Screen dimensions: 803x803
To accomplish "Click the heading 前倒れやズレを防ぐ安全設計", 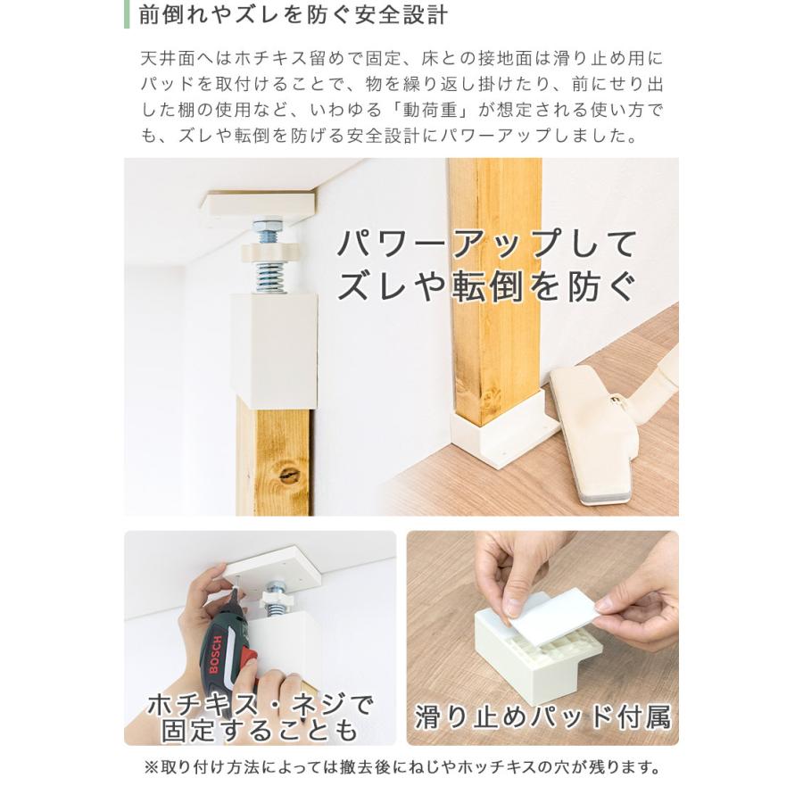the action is click(x=293, y=15).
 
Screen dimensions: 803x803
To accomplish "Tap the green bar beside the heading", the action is click(x=127, y=14).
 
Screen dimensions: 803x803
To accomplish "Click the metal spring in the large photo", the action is click(x=270, y=277).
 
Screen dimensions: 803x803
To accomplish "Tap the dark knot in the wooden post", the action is click(x=289, y=473).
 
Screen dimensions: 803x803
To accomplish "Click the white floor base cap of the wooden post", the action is click(x=496, y=430).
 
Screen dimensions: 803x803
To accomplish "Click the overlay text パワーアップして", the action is click(x=487, y=244).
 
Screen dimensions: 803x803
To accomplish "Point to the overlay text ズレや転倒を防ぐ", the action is click(x=486, y=286).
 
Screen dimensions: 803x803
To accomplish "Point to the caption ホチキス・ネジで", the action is click(x=261, y=705).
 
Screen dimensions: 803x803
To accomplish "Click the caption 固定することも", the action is click(x=260, y=730).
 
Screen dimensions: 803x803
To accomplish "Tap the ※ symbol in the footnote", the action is click(x=152, y=767).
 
